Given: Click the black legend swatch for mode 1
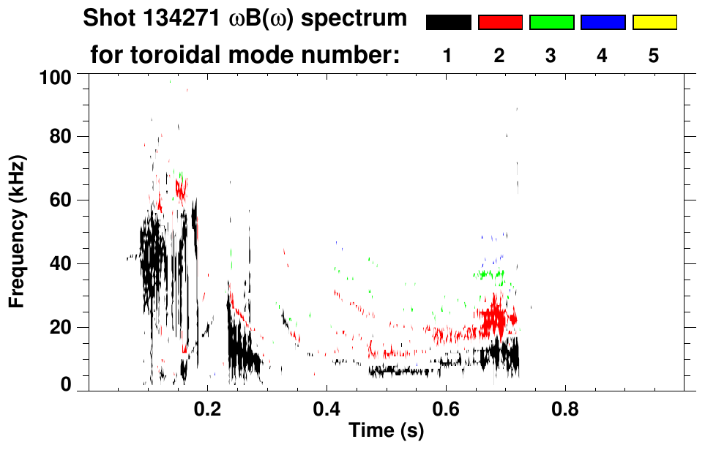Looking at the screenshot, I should [449, 23].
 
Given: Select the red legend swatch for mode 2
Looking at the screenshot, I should [500, 23].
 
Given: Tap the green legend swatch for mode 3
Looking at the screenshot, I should [551, 23].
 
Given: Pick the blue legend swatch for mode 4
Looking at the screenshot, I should [603, 23].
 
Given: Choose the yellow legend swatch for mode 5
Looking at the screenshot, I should [654, 23].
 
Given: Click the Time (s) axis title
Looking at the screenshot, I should [386, 431].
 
